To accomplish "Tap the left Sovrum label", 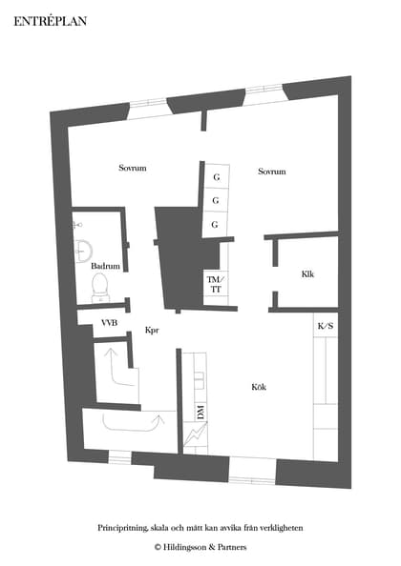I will pos(132,169).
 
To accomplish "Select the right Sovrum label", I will pos(272,172).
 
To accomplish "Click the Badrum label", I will pos(105,267).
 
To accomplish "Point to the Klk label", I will pos(307,274).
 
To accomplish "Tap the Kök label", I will pos(259,387).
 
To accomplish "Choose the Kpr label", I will pos(151,331).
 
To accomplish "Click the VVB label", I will pos(110,325).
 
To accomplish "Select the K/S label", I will pos(325,327).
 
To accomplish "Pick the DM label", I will pos(200,412).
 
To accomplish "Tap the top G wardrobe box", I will pos(216,178).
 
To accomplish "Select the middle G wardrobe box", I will pos(216,201).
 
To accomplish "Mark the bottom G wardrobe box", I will pos(216,224).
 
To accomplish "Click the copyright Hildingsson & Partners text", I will pos(200,547).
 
